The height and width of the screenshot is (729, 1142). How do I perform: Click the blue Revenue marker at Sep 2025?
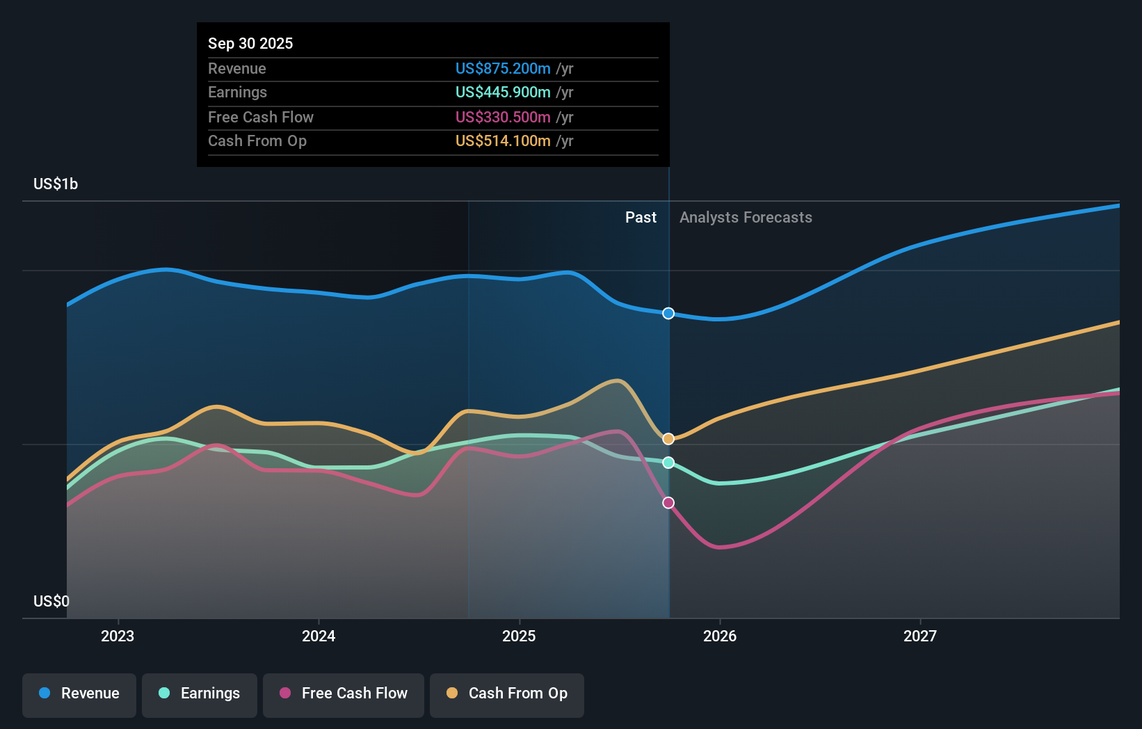pos(668,314)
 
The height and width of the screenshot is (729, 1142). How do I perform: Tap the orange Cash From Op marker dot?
pos(668,439)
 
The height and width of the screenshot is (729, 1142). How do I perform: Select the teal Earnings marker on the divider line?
pos(668,463)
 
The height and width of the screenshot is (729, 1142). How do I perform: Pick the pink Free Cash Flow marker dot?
pos(668,503)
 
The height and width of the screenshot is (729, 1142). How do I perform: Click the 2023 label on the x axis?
pos(118,636)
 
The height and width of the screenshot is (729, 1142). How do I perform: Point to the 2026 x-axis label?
pos(719,636)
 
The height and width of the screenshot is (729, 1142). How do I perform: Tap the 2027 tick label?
pos(919,636)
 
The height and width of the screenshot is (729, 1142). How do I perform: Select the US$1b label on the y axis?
pos(56,184)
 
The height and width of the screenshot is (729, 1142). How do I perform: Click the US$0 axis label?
pos(51,601)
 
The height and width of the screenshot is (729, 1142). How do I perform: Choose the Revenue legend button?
pos(79,694)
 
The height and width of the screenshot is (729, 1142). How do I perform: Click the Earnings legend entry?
pos(200,694)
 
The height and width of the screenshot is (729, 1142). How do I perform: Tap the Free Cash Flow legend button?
pos(344,694)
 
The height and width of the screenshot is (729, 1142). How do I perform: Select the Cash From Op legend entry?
pos(507,694)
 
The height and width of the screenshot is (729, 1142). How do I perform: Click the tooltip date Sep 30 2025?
pos(250,43)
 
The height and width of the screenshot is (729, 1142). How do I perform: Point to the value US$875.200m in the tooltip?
pos(503,68)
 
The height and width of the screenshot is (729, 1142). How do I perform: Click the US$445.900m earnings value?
pos(503,92)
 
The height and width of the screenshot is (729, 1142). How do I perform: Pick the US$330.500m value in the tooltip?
pos(503,117)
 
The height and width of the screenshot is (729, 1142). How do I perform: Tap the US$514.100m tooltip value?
pos(503,141)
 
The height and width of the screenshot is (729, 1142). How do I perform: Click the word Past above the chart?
pos(641,217)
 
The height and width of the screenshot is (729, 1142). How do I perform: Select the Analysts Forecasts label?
pos(746,217)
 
